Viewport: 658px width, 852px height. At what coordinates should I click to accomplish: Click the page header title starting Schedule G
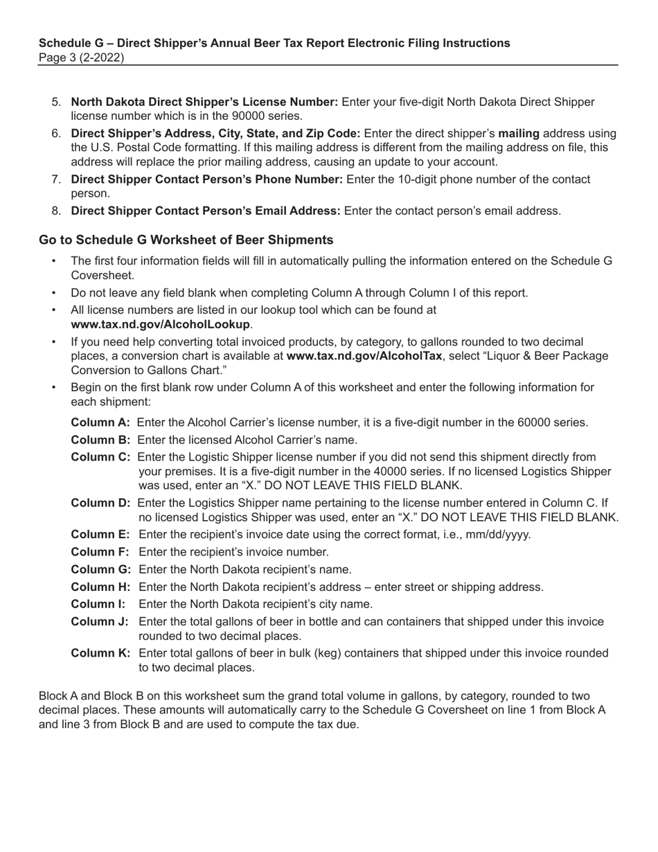click(x=274, y=43)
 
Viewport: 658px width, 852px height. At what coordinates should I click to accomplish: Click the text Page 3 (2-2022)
click(x=82, y=58)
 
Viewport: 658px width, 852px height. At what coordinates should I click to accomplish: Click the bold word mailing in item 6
click(x=519, y=134)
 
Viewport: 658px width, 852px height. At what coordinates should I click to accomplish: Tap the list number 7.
click(x=56, y=179)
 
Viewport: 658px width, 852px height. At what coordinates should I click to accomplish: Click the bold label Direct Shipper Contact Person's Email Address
click(x=206, y=211)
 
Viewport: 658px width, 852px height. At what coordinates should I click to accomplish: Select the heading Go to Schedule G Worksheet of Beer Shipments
click(x=186, y=240)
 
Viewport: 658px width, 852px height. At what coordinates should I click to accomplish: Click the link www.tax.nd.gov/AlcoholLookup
click(x=160, y=324)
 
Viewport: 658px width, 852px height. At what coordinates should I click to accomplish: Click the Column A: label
click(x=100, y=423)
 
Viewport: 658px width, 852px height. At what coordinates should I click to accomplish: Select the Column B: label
click(x=100, y=440)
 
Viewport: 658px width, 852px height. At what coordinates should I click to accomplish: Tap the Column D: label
click(x=100, y=503)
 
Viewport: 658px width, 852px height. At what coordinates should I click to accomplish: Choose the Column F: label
click(x=100, y=552)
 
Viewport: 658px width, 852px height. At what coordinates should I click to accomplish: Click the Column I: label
click(x=98, y=604)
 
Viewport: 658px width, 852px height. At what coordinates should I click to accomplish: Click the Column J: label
click(x=100, y=622)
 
